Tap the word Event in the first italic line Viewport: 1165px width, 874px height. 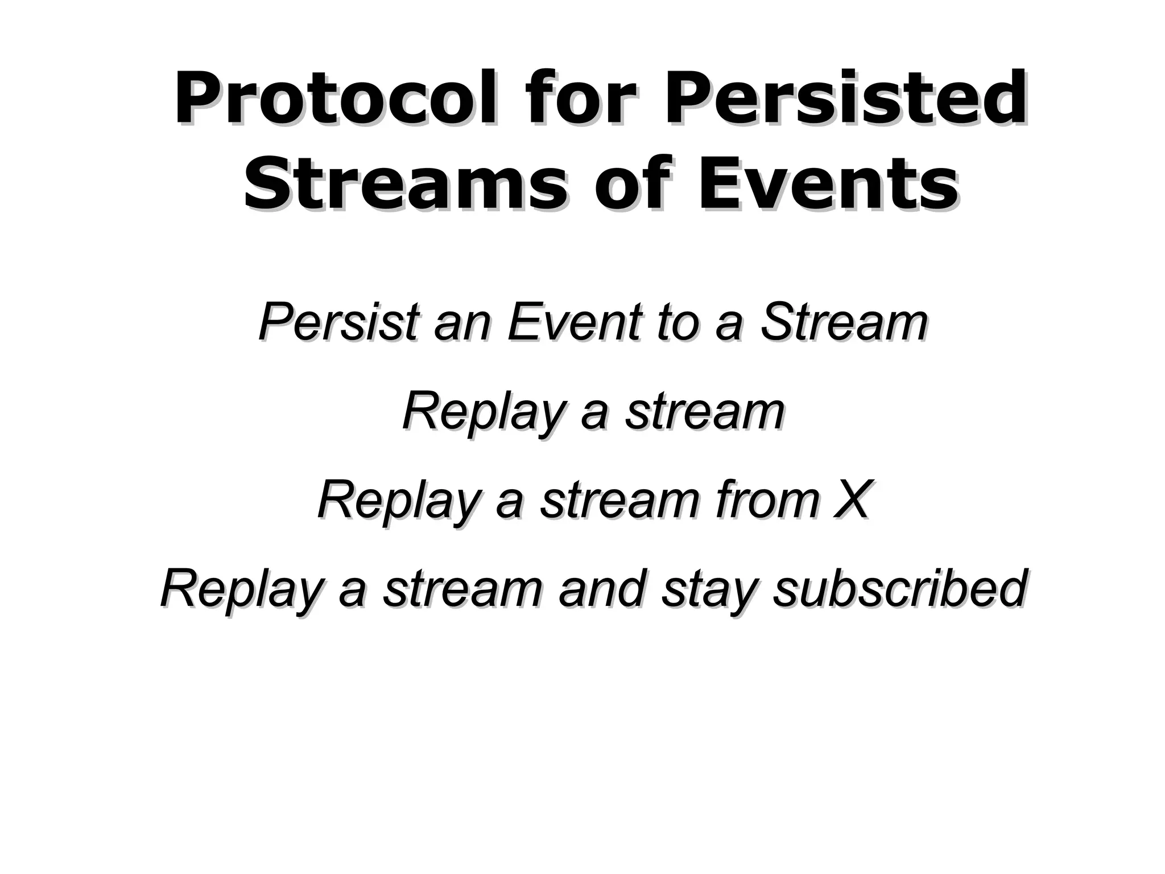575,322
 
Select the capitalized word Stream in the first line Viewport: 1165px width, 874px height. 844,322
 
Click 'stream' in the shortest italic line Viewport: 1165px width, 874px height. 705,411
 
